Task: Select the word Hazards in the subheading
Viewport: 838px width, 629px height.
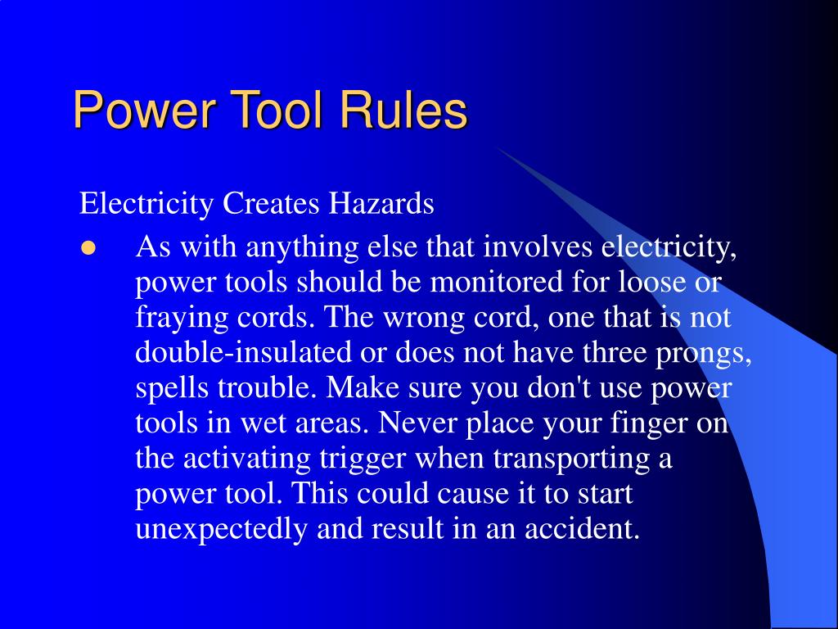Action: (381, 203)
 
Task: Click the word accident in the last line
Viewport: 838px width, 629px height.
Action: (583, 529)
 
